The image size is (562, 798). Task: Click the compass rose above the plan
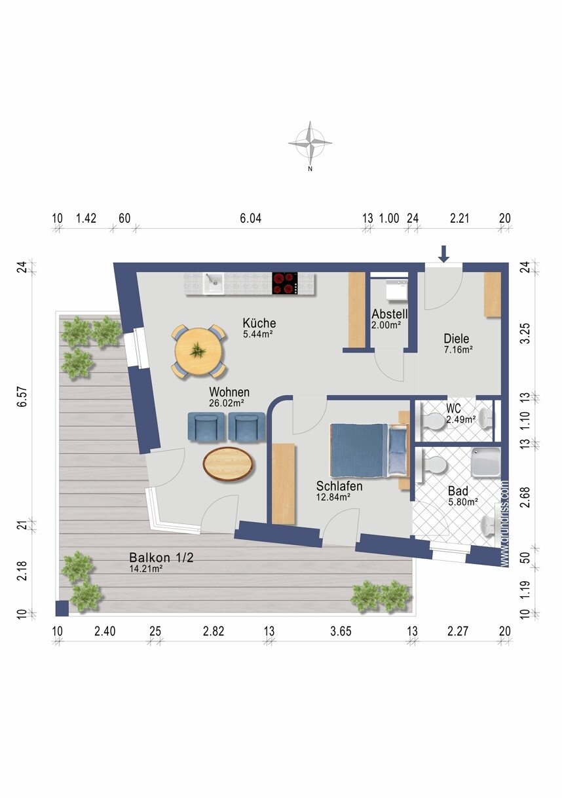[x=310, y=144]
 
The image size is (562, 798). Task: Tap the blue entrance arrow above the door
[x=443, y=254]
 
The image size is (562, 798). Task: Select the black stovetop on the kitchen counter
[x=285, y=283]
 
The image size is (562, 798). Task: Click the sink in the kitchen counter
[x=214, y=284]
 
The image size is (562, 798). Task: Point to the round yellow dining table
[x=199, y=351]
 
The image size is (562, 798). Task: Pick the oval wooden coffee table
[x=229, y=465]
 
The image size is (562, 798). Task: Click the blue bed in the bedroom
[x=369, y=450]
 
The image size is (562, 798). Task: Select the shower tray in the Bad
[x=486, y=462]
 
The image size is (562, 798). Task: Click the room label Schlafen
[x=339, y=486]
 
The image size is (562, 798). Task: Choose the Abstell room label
[x=390, y=314]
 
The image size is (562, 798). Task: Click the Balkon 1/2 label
[x=161, y=557]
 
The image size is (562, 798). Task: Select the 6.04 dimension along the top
[x=250, y=218]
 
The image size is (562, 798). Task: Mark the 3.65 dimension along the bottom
[x=341, y=632]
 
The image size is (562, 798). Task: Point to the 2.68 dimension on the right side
[x=525, y=497]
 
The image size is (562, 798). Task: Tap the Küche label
[x=259, y=323]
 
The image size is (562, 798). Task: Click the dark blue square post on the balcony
[x=62, y=609]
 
